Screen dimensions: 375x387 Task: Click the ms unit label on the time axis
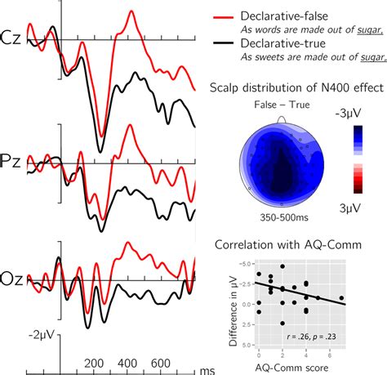tap(209, 369)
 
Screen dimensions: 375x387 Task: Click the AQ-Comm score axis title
tap(300, 367)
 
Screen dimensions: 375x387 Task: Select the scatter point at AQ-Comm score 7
tap(341, 298)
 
